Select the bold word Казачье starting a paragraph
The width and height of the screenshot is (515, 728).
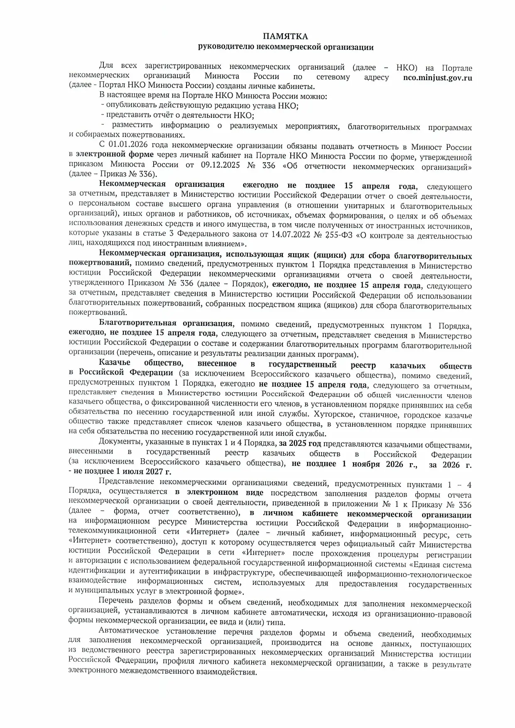[x=114, y=364]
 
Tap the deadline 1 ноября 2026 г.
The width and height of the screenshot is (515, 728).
[x=379, y=464]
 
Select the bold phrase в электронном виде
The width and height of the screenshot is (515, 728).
[x=219, y=493]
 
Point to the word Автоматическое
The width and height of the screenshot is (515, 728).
[x=128, y=632]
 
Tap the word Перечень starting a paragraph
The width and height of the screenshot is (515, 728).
[x=116, y=601]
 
